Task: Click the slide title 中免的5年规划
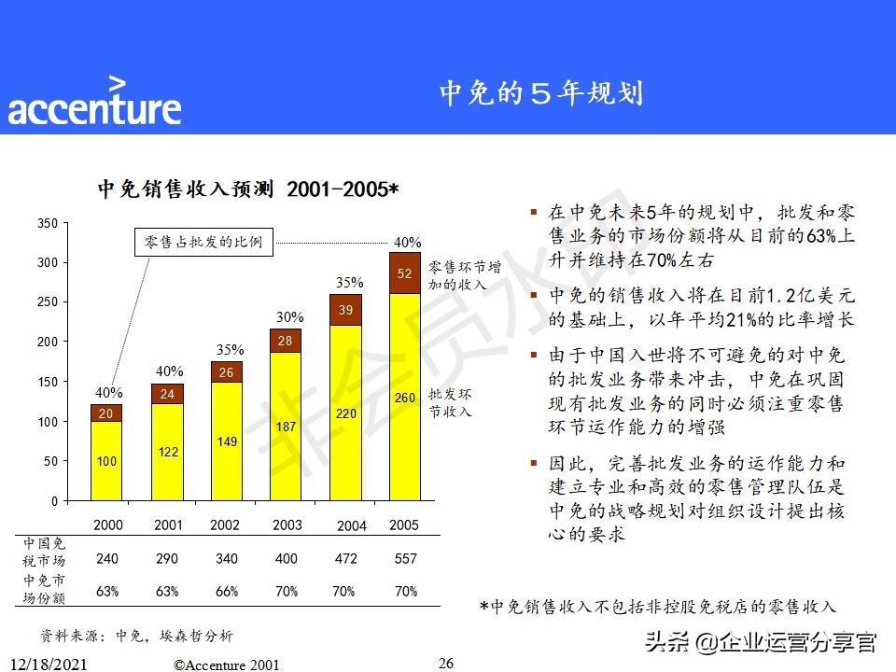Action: (540, 93)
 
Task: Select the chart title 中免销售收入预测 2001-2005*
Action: (248, 189)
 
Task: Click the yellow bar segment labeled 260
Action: (404, 397)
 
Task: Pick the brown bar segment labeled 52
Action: (404, 273)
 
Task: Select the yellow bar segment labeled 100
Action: (107, 461)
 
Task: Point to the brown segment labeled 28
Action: (286, 341)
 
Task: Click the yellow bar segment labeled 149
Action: (226, 441)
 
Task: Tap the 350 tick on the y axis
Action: (48, 223)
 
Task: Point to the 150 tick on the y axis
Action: (48, 382)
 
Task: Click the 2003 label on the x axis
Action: (287, 525)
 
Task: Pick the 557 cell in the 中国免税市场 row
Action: (405, 558)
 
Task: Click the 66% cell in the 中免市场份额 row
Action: (226, 592)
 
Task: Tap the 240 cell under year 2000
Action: (107, 558)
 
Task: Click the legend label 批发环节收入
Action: (450, 402)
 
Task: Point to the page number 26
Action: (446, 664)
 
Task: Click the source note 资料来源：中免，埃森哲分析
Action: (136, 636)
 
